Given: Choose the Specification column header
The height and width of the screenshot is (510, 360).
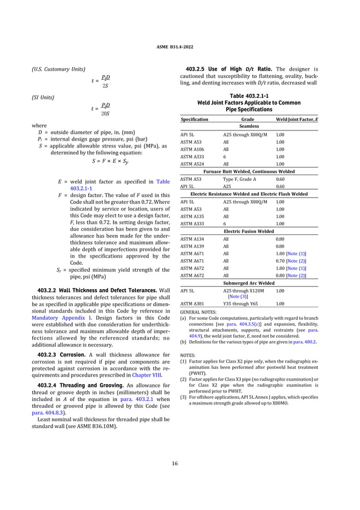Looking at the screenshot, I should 194,120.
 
